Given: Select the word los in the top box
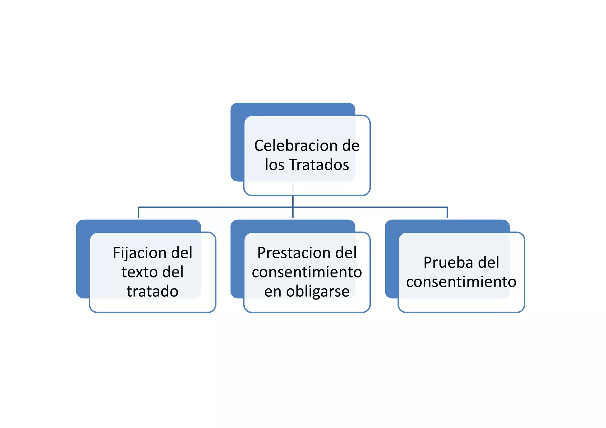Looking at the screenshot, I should [274, 165].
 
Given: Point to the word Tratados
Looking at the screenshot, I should [319, 165].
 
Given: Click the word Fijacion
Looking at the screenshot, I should [140, 253].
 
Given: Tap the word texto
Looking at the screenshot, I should [140, 272].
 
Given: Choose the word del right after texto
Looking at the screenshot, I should [173, 272].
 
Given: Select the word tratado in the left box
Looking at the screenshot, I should [152, 291].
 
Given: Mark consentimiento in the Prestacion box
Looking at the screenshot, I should [307, 272].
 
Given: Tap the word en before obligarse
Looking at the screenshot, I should [273, 291].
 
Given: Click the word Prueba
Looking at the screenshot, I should [447, 262].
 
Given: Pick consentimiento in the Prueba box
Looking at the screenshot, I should [461, 282].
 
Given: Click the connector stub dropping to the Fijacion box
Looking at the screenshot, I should [138, 213].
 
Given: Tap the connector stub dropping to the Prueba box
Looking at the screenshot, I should [447, 213].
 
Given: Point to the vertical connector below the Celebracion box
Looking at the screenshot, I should [293, 201].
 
